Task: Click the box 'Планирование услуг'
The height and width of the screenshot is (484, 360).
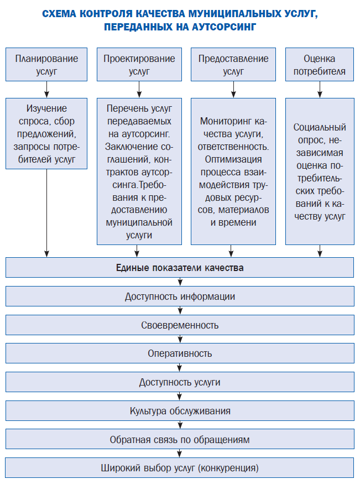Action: click(x=46, y=65)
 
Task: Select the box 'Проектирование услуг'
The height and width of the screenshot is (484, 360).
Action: click(x=139, y=65)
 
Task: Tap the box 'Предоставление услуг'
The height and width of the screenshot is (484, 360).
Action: click(x=233, y=65)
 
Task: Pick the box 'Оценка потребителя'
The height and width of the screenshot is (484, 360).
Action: click(x=320, y=65)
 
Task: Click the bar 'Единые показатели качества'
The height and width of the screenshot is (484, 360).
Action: click(x=180, y=268)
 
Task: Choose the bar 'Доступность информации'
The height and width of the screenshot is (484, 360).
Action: click(x=180, y=296)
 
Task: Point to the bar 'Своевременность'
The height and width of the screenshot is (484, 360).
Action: click(x=180, y=325)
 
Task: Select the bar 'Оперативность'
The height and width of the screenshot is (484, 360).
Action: click(x=180, y=353)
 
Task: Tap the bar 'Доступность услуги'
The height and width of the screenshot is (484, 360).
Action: click(x=180, y=382)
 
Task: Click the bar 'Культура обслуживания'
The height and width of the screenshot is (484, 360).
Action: click(x=180, y=411)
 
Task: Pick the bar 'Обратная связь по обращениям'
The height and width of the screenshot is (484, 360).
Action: click(x=180, y=440)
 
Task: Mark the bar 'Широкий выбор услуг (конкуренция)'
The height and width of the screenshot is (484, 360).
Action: click(x=180, y=468)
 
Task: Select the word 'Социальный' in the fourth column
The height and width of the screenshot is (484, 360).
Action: click(x=320, y=127)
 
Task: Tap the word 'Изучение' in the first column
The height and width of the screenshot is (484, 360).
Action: click(x=46, y=108)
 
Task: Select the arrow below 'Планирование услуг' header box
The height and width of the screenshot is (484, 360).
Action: click(x=46, y=89)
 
